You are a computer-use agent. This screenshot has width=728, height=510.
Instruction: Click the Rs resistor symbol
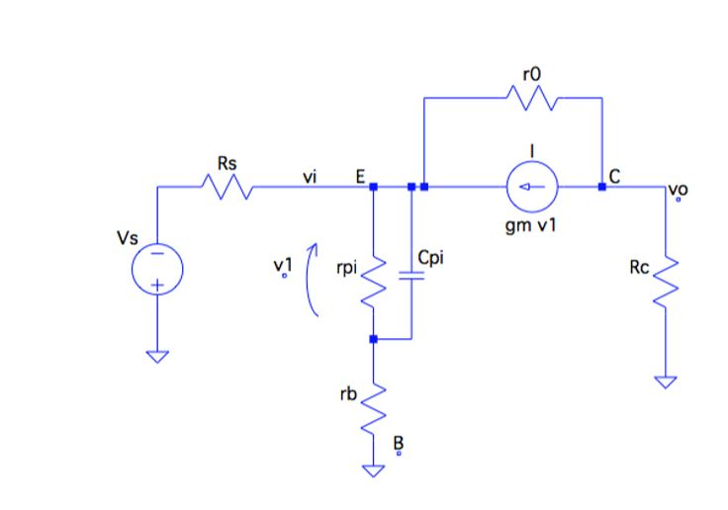coord(227,185)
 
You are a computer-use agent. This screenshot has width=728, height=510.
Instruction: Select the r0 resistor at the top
coord(532,98)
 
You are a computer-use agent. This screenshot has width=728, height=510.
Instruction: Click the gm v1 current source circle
coord(532,185)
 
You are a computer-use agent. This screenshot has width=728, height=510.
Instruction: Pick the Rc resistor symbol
coord(668,278)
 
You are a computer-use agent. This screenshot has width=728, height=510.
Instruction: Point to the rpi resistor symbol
coord(373,281)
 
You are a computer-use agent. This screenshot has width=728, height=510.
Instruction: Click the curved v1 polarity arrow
coord(313,281)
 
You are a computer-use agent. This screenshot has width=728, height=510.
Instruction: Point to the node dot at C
coord(601,185)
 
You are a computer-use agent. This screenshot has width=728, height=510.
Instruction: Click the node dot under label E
coord(373,185)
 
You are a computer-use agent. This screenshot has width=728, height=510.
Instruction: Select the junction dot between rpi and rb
coord(373,339)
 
